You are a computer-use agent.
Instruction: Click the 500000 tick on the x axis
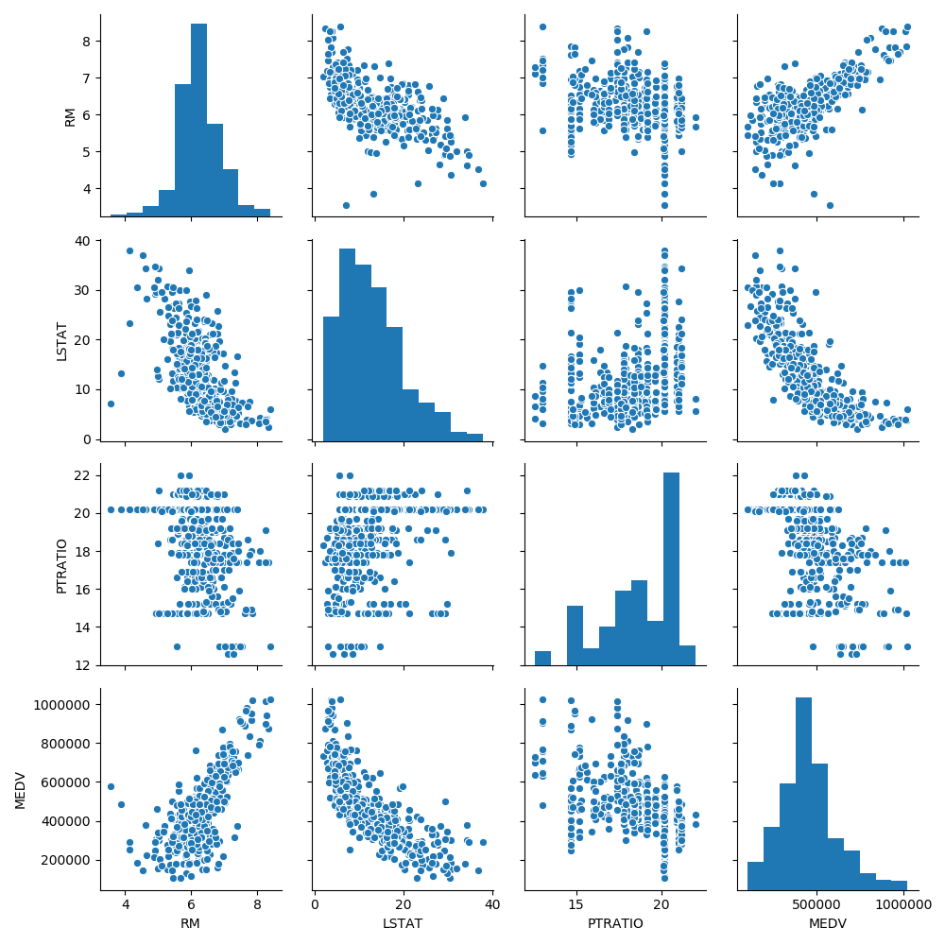(817, 904)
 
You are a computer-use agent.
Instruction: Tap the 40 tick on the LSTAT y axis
(83, 240)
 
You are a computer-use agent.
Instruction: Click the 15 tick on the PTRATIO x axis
(575, 904)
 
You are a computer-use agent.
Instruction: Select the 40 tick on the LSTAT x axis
(492, 904)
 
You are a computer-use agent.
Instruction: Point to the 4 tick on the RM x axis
(126, 904)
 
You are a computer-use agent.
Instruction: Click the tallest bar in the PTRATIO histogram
(671, 567)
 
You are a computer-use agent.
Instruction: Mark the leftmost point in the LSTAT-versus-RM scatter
(111, 404)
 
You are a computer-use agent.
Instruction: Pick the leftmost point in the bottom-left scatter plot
(111, 786)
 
